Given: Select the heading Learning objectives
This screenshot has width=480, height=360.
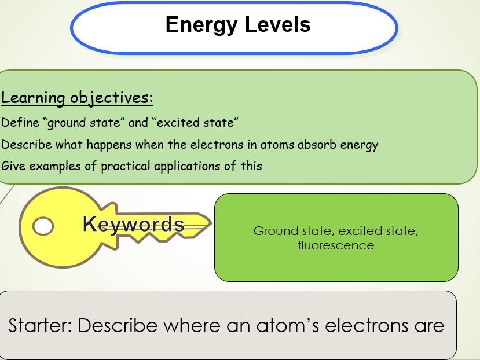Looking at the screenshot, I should pyautogui.click(x=77, y=98).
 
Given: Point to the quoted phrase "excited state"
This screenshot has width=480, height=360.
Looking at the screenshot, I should pyautogui.click(x=195, y=123).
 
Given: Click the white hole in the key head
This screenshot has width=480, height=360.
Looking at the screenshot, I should pyautogui.click(x=42, y=226).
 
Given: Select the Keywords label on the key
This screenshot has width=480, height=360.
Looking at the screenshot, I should pyautogui.click(x=133, y=224).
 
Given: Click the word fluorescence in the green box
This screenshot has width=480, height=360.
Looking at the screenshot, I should pyautogui.click(x=336, y=245).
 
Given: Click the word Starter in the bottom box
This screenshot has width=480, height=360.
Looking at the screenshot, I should pyautogui.click(x=39, y=325).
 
